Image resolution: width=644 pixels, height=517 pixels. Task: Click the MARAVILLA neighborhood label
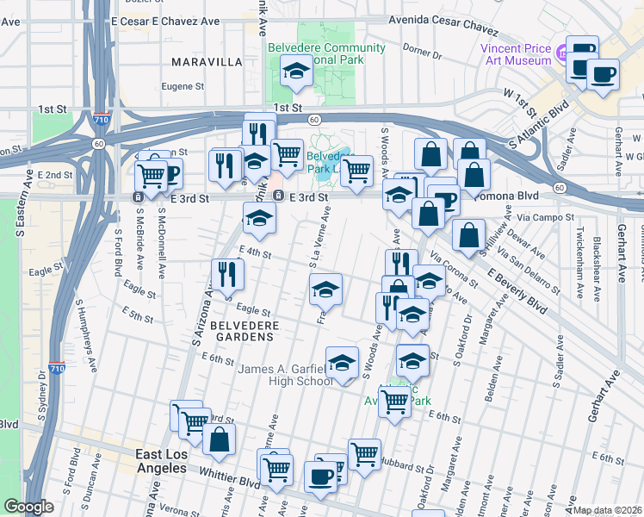pos(207,62)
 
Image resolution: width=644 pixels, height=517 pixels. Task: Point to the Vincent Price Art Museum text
pos(517,54)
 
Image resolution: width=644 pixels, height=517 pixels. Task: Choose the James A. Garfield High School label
pos(285,376)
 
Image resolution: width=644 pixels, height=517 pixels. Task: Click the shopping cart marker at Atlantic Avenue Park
pos(394,400)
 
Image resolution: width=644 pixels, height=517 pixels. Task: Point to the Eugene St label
pos(182,86)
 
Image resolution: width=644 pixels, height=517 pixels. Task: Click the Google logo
pos(29,506)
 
